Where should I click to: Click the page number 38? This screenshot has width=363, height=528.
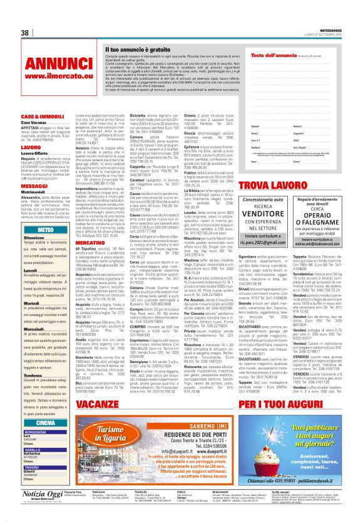click(24, 33)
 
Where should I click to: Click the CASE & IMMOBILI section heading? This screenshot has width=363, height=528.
click(41, 117)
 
